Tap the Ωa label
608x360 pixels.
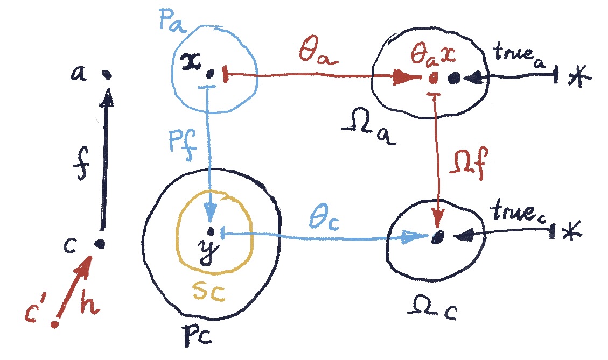coord(371,130)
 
